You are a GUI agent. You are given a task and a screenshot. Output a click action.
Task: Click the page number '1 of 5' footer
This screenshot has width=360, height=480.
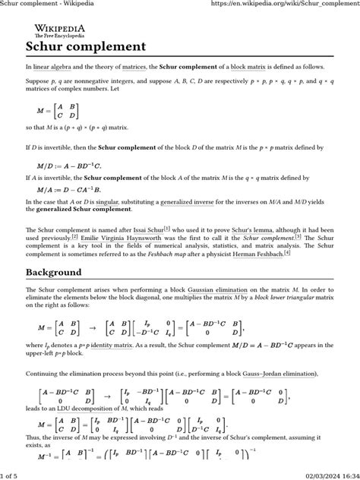coord(12,475)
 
